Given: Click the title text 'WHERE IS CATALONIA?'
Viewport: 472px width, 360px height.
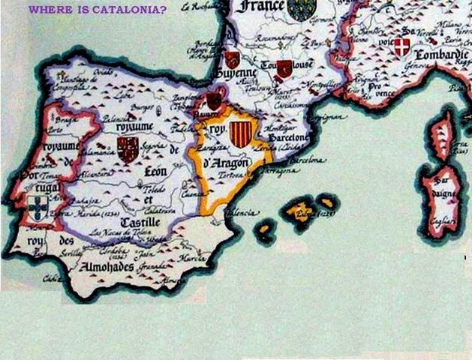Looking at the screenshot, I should pyautogui.click(x=98, y=10).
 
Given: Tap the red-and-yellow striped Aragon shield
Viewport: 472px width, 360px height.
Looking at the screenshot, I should pyautogui.click(x=239, y=135).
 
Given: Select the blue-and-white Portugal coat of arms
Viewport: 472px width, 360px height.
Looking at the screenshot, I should pyautogui.click(x=35, y=207).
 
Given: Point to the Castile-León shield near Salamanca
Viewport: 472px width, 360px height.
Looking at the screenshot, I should pyautogui.click(x=128, y=149).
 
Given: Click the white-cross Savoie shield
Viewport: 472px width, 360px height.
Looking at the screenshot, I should pyautogui.click(x=402, y=47).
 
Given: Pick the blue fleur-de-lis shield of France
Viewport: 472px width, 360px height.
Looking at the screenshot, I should pyautogui.click(x=302, y=9).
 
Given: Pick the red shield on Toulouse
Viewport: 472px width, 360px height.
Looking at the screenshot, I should pyautogui.click(x=284, y=69).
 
